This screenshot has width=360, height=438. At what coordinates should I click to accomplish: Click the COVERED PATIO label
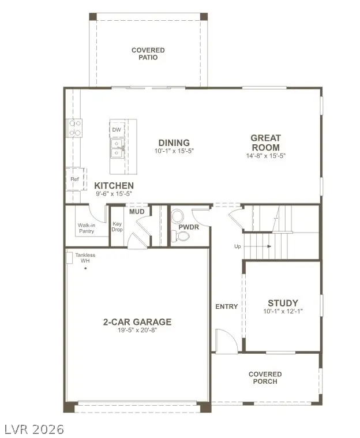click(148, 54)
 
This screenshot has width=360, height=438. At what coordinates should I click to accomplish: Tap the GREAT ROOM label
click(265, 143)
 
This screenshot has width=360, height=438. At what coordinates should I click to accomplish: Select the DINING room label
click(174, 143)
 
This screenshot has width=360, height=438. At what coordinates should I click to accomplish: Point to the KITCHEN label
click(114, 185)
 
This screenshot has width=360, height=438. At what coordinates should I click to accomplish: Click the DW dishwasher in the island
click(117, 130)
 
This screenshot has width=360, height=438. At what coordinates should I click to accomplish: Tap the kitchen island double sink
click(117, 151)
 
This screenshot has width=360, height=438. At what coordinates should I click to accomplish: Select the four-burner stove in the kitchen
click(75, 128)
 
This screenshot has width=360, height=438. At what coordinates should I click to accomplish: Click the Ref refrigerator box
click(75, 179)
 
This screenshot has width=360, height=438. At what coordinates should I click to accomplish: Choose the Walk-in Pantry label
click(87, 228)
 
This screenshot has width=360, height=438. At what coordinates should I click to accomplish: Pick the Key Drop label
click(117, 226)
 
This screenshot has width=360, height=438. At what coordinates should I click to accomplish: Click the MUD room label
click(137, 212)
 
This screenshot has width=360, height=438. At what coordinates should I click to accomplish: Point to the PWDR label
click(189, 227)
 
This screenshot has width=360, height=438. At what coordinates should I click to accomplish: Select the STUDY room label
click(283, 303)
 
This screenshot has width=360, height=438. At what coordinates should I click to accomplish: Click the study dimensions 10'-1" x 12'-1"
click(283, 312)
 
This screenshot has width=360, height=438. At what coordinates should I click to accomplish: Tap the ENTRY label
click(226, 306)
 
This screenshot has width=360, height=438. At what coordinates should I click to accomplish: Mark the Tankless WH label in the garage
click(85, 258)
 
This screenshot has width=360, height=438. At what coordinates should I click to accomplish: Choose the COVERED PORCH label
click(265, 378)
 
